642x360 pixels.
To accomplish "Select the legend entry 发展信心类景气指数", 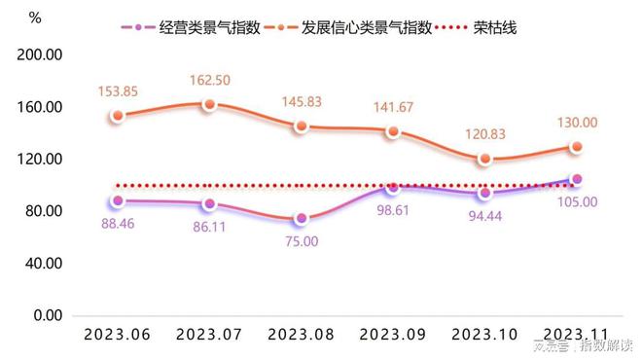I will tap(374, 27).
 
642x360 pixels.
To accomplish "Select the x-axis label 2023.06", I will tap(117, 334).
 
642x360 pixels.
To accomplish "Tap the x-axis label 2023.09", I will tap(393, 334).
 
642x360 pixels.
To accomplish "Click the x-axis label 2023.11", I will tap(577, 334).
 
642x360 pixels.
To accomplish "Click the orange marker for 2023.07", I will tap(209, 104).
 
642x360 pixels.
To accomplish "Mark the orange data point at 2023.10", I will tap(485, 160).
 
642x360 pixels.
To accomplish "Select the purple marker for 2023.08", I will tap(302, 219).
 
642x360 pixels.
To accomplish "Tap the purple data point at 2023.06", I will tap(118, 201).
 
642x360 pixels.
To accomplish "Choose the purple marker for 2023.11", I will tap(577, 179).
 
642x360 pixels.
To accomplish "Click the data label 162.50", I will tap(211, 80).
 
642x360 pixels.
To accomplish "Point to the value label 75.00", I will tap(301, 241).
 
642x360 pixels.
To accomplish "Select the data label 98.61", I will tap(393, 210).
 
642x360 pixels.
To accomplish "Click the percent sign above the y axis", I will tap(35, 18).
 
